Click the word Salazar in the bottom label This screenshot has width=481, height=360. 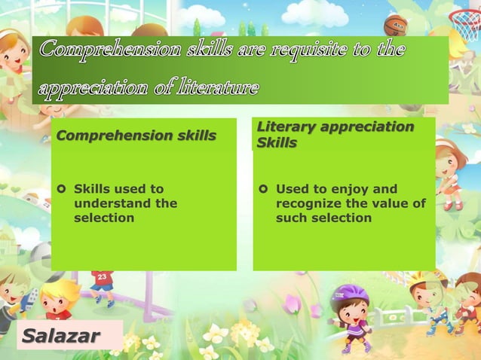pos(61,335)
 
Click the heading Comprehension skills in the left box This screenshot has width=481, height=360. pos(136,136)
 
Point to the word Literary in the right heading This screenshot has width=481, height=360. pos(285,127)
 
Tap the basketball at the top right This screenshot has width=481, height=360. pos(395,26)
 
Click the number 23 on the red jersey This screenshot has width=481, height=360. pos(102,276)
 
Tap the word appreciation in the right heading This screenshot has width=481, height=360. pos(368,127)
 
